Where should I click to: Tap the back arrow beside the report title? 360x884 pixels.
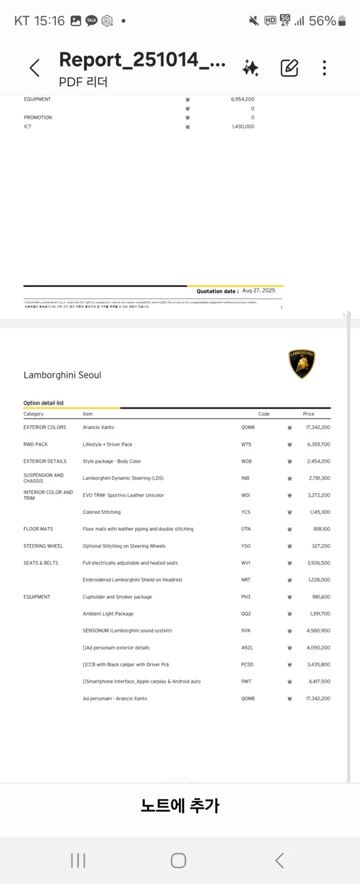(x=35, y=68)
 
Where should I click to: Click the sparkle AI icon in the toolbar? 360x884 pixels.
(x=250, y=68)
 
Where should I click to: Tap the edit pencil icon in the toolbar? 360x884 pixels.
(x=289, y=68)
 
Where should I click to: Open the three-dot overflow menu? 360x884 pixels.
(x=324, y=68)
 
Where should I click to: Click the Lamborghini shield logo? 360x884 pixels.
(x=302, y=364)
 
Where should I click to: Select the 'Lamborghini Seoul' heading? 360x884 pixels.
(x=62, y=375)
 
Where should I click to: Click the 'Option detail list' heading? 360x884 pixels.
(x=43, y=403)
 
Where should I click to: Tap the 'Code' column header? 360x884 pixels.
(x=264, y=414)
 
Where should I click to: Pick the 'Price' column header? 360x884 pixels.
(x=309, y=414)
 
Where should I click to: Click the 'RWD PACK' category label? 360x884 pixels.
(x=35, y=444)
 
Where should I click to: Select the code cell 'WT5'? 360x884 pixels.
(x=246, y=444)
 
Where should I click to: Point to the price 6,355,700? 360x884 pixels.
(x=319, y=444)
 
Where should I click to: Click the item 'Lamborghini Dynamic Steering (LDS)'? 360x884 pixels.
(x=123, y=478)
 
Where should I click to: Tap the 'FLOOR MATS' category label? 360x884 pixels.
(x=38, y=529)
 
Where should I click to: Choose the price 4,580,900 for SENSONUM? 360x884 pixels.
(x=318, y=631)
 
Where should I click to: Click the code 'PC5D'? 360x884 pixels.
(x=247, y=664)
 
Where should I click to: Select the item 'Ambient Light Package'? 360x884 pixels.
(x=108, y=613)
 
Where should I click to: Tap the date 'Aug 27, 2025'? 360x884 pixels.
(x=259, y=290)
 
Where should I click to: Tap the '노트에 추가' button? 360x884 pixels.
(x=180, y=805)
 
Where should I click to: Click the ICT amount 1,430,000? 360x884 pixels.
(x=243, y=126)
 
